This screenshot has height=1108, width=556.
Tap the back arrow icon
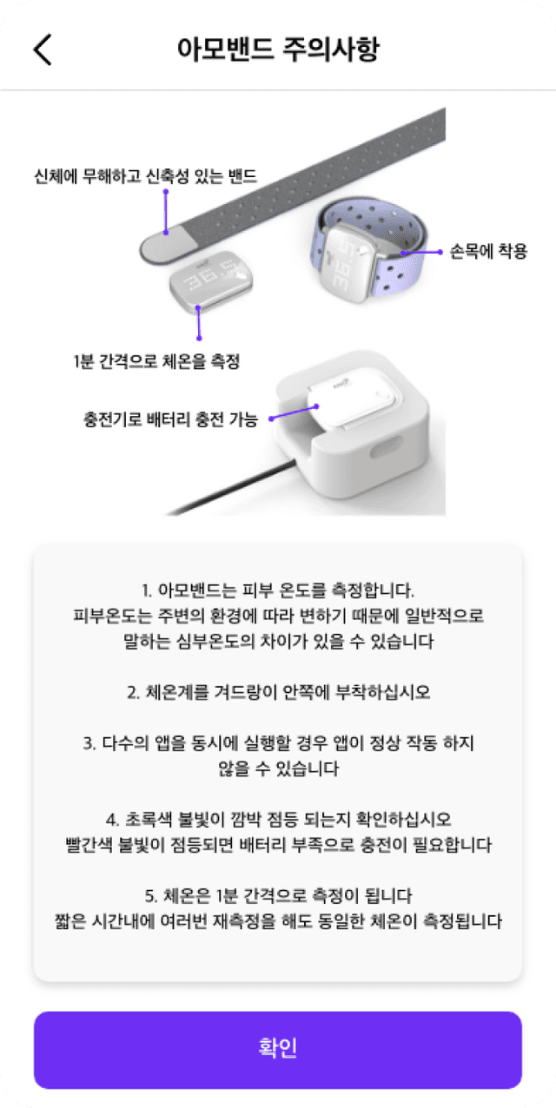[x=43, y=49]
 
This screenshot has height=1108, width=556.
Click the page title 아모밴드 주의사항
[x=278, y=49]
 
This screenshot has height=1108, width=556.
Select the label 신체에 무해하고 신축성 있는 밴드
[x=145, y=176]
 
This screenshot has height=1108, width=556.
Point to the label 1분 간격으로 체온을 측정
[x=156, y=362]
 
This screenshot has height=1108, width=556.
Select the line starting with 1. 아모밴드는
[x=278, y=590]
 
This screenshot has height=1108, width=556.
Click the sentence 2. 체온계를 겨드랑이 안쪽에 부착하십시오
[x=278, y=693]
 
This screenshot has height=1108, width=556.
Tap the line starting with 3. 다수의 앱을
[x=278, y=744]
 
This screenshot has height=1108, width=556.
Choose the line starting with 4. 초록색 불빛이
[x=278, y=820]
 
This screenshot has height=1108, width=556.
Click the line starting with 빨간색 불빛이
[x=278, y=845]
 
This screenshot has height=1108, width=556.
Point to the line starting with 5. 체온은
[x=278, y=895]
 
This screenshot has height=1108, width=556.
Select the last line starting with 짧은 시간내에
[x=278, y=920]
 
